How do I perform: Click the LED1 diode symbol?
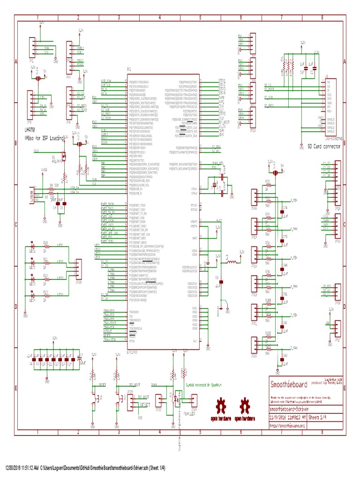click(33, 245)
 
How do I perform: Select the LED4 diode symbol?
click(33, 294)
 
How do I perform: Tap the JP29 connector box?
click(79, 270)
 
